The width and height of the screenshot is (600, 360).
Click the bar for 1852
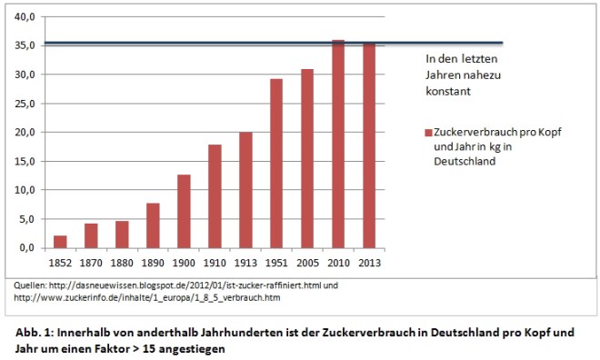(x=60, y=242)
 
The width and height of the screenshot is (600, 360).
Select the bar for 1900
(x=184, y=211)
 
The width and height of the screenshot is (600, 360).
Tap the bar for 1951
(x=276, y=164)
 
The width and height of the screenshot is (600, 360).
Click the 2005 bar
(x=307, y=158)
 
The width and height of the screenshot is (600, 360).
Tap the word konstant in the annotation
(x=450, y=92)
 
